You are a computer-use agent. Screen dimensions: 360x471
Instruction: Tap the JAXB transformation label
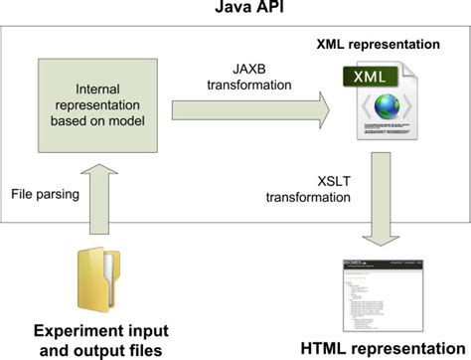(243, 77)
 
